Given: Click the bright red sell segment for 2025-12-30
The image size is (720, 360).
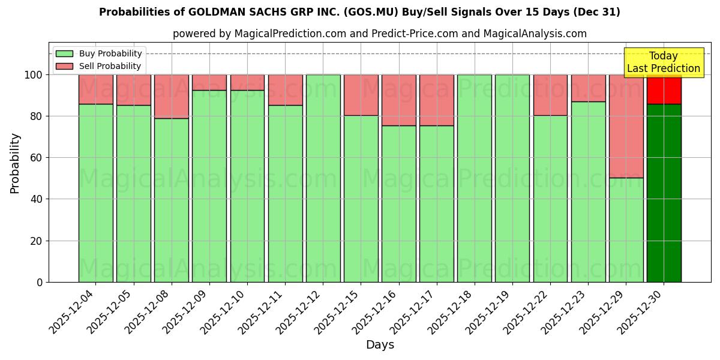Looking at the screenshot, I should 664,89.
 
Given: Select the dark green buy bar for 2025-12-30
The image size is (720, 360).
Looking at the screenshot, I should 664,193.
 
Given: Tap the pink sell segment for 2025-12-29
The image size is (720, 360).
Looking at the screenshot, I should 626,126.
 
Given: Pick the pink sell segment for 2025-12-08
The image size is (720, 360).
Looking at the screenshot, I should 172,96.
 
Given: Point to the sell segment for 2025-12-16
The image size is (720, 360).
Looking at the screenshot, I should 398,100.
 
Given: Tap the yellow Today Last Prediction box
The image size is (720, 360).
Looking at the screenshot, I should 663,62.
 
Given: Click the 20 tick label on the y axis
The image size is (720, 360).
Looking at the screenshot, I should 37,241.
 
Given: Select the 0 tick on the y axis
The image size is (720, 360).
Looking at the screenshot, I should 40,282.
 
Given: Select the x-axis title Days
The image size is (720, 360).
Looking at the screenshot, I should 380,344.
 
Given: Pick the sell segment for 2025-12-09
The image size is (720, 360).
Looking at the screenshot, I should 209,82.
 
